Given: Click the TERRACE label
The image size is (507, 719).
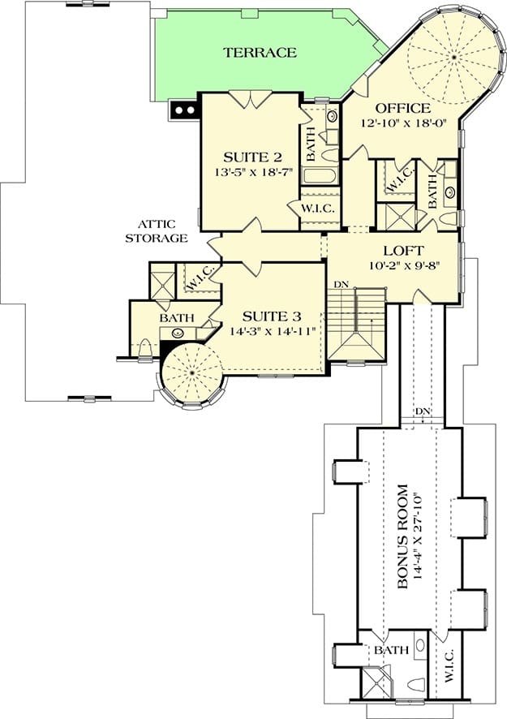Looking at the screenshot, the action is coord(260,52).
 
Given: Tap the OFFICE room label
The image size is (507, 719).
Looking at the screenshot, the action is coord(403,108).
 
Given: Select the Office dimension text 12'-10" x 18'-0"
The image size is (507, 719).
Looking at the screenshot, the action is coord(403,123).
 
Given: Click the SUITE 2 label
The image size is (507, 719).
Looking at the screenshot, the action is coord(252,157).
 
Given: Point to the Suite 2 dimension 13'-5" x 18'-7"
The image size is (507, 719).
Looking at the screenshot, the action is coord(252,172).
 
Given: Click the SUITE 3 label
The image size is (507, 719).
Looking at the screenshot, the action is coord(272,316).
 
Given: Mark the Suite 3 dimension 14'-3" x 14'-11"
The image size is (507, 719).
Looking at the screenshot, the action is coord(273,330).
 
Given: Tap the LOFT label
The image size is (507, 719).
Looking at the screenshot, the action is coord(403,251).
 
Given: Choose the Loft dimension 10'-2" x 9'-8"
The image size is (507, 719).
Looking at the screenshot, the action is coord(404,265).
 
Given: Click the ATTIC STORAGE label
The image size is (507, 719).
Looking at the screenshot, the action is coord(157,231).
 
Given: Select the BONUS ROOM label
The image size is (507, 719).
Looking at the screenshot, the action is coord(402,536).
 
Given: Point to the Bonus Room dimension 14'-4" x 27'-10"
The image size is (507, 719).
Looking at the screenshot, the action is coord(416,536).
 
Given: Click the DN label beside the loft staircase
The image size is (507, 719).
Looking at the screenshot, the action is coord(341,285).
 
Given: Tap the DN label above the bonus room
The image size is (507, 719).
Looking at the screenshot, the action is coord(423,411).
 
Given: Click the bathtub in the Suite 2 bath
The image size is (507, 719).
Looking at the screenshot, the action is coord(320,175).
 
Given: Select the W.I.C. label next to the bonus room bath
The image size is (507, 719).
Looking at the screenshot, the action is coord(449,665).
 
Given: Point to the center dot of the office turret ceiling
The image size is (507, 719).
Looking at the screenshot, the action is coord(453,57).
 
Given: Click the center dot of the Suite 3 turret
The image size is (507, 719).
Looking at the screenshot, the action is coord(191,374).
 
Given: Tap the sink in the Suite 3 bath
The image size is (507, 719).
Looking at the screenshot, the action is coord(178,334).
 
